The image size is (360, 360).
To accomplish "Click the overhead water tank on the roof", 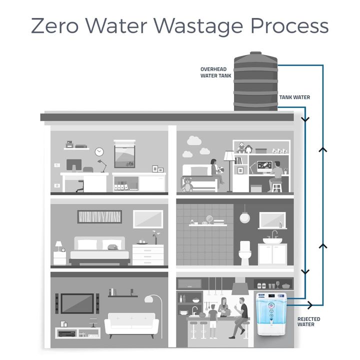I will (x=255, y=82).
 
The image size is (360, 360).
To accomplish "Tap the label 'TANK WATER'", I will (x=294, y=97).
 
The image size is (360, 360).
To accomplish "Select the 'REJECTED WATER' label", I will (x=308, y=321).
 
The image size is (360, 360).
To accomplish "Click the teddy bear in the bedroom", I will (x=187, y=185).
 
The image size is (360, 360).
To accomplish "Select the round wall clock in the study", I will (x=99, y=151).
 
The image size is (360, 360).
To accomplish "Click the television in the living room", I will (x=77, y=303).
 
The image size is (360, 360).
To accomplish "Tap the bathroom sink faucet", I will (x=274, y=234).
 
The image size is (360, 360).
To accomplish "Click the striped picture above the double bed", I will (x=100, y=216).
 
